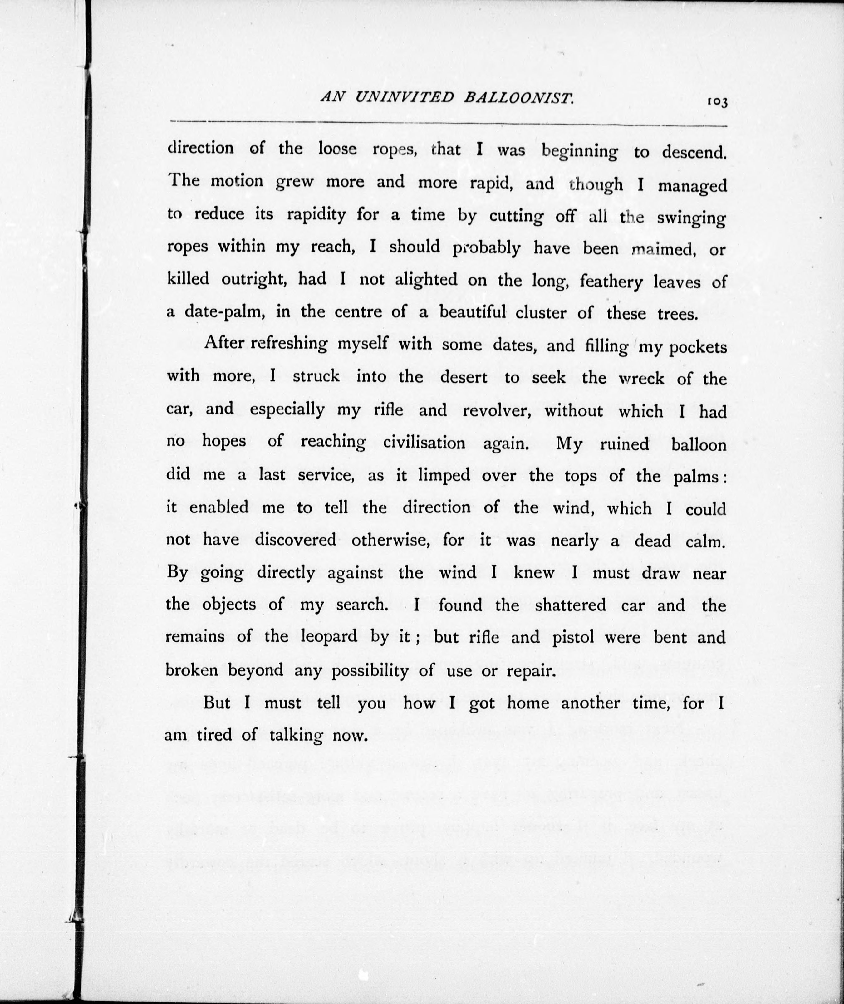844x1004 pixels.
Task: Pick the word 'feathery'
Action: pos(611,282)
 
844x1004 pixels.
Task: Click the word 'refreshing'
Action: pos(289,344)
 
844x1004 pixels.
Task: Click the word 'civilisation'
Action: pos(424,443)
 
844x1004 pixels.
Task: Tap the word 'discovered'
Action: pos(295,540)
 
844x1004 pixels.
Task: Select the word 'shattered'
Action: pos(570,605)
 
